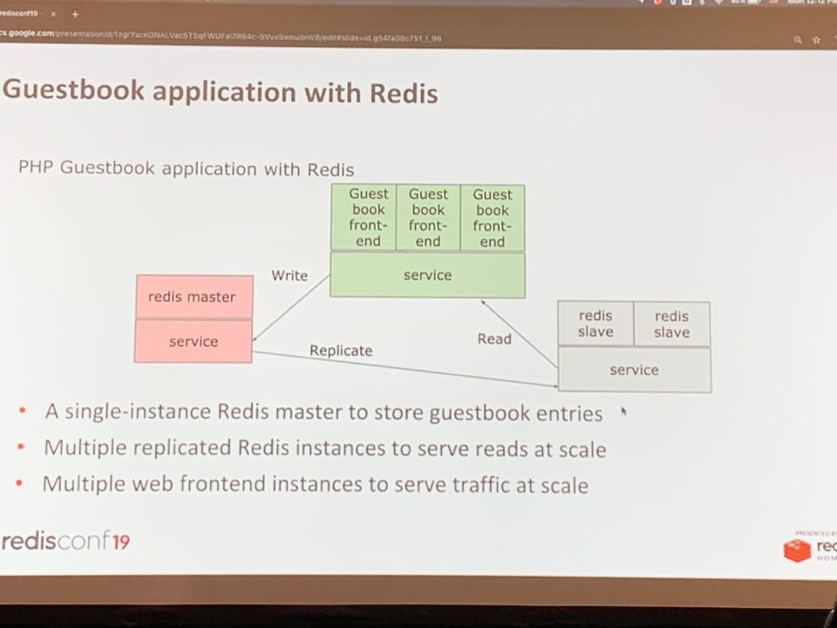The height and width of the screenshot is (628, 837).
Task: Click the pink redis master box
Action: coord(194,297)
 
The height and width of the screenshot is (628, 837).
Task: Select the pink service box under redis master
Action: coord(194,341)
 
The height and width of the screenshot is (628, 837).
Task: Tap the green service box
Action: coord(427,276)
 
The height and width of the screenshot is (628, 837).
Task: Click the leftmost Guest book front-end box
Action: coord(368,218)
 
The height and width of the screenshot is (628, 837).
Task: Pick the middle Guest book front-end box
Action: coord(428,218)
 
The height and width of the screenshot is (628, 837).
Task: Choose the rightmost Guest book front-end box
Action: coord(493,218)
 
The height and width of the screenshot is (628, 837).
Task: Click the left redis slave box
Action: coord(595,324)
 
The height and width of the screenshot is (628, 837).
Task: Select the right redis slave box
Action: coord(671,324)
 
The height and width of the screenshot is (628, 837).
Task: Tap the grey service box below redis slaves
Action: coord(634,370)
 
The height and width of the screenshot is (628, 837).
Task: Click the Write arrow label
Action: coord(289,276)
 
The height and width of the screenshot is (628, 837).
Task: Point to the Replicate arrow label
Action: coord(341,351)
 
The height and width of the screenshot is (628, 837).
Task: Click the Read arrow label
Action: coord(494,338)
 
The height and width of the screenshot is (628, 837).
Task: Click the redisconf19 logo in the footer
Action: coord(66,541)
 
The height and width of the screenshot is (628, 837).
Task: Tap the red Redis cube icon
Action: coord(797,550)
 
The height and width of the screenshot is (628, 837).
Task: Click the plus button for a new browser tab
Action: coord(75,15)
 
